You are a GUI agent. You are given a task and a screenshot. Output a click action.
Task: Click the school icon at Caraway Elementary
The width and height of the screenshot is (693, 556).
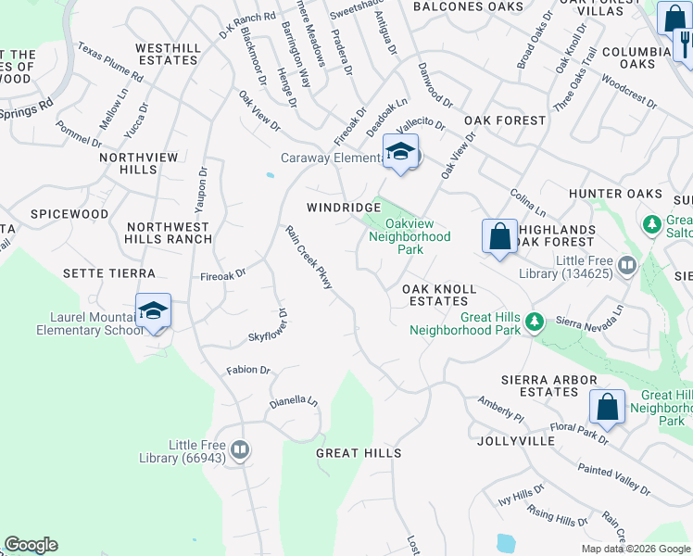tap(400, 152)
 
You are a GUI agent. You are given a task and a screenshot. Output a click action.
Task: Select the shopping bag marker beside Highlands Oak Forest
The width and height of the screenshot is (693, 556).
tap(499, 235)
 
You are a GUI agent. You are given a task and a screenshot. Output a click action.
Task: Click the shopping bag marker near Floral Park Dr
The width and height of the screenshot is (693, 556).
tap(607, 406)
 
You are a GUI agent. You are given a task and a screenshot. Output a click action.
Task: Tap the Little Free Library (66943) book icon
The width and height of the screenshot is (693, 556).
tap(240, 450)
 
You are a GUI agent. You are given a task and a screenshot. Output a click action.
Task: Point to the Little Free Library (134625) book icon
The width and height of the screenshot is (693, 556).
tap(627, 267)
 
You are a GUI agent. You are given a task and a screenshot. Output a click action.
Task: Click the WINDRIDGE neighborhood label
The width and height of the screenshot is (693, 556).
tap(345, 208)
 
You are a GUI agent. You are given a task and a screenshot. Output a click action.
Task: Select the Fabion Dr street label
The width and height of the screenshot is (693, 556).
tap(248, 370)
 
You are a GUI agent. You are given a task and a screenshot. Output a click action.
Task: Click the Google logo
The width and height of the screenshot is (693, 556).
tap(31, 545)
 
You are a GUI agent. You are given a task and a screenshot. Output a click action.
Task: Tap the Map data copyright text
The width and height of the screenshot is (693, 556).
tap(636, 549)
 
